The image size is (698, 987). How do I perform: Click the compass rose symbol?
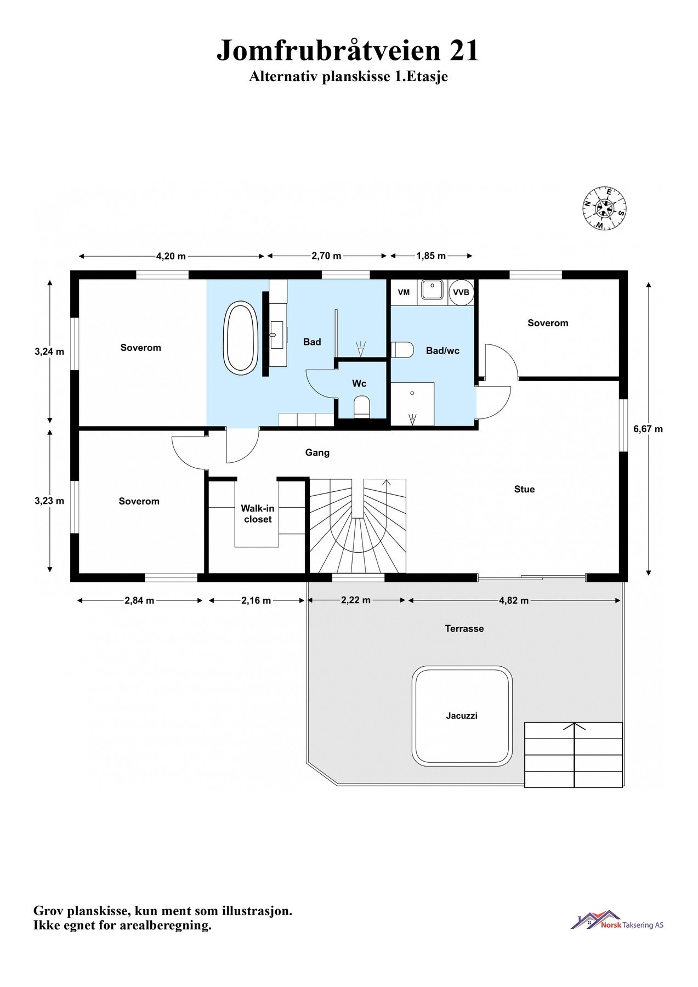(604, 208)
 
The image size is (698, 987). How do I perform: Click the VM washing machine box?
(404, 293)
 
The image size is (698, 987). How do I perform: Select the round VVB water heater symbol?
(461, 293)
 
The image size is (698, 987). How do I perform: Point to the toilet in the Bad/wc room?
(402, 350)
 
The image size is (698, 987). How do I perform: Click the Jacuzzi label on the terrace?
(461, 716)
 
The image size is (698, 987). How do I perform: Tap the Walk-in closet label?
(258, 514)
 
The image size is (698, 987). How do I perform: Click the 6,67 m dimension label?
(648, 429)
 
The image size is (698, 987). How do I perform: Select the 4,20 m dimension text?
(171, 256)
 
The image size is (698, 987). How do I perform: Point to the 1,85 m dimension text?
(431, 256)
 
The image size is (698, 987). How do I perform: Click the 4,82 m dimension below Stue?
(514, 600)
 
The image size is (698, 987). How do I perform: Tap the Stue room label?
(524, 489)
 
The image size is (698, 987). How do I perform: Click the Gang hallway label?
(317, 452)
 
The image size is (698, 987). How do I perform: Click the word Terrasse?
(464, 628)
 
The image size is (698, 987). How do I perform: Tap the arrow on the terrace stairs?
(574, 728)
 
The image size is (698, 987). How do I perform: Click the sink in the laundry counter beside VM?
(433, 290)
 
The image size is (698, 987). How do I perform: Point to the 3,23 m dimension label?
(49, 501)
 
